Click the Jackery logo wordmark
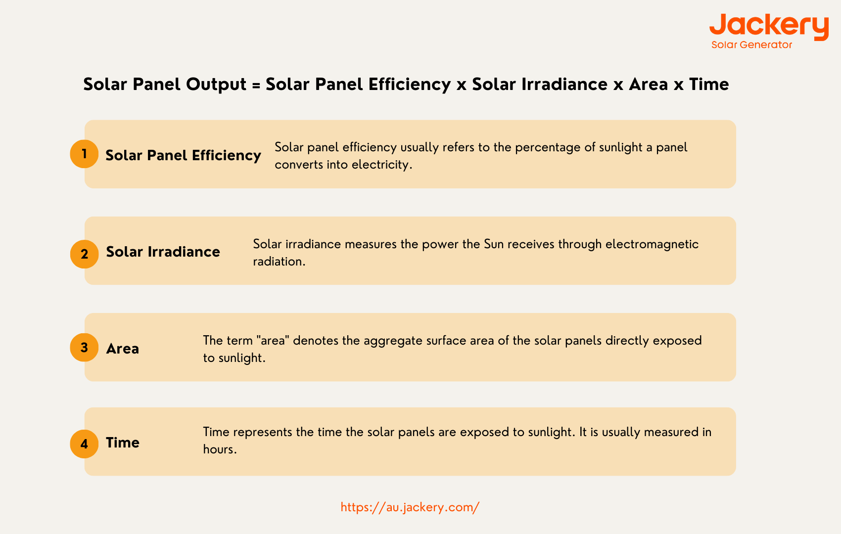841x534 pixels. [769, 27]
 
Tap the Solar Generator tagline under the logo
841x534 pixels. [751, 44]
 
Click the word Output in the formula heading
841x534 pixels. [216, 84]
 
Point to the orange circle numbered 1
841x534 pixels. [84, 154]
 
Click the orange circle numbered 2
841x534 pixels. [84, 254]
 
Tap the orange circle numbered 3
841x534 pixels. [84, 348]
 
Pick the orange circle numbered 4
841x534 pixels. [84, 444]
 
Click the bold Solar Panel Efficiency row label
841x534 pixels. [183, 155]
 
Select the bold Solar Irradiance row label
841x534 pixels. [163, 252]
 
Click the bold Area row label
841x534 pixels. [122, 349]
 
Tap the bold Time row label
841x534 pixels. [122, 443]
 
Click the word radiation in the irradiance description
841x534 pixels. [279, 261]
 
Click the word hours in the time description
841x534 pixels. [220, 449]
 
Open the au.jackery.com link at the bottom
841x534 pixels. [410, 507]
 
